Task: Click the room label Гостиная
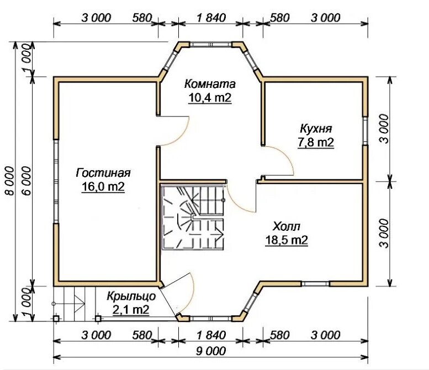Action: point(103,173)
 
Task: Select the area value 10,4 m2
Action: point(210,98)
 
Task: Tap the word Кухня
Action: point(316,129)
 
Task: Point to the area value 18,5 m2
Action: point(287,240)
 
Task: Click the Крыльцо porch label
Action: point(131,296)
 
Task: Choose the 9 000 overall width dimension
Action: point(211,351)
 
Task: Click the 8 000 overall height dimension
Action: point(9,181)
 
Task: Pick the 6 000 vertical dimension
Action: point(27,181)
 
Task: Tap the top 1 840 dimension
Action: point(211,18)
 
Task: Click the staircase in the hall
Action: point(193,217)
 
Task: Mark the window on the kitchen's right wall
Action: point(366,130)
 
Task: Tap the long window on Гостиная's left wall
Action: point(56,182)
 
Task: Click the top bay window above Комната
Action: point(211,45)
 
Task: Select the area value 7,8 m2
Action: point(316,142)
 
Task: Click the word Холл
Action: point(287,226)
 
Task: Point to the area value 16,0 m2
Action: point(103,187)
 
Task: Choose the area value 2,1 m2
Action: point(131,310)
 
